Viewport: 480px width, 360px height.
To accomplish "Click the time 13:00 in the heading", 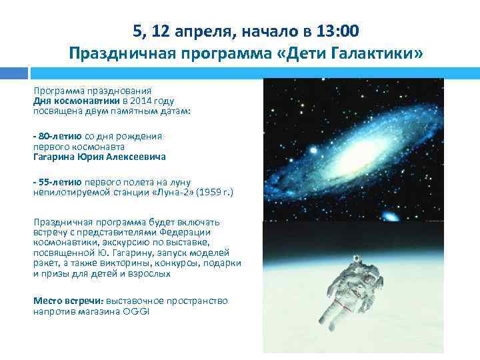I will (x=337, y=30).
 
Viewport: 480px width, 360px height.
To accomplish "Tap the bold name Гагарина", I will (x=57, y=157).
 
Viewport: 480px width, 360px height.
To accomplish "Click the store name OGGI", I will (x=135, y=311).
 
